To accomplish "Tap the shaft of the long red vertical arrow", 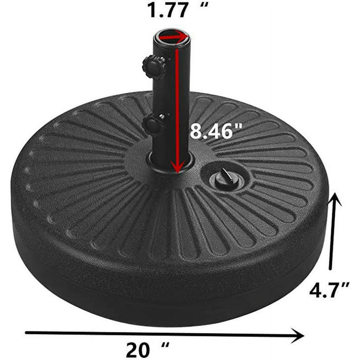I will tap(178, 103).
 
